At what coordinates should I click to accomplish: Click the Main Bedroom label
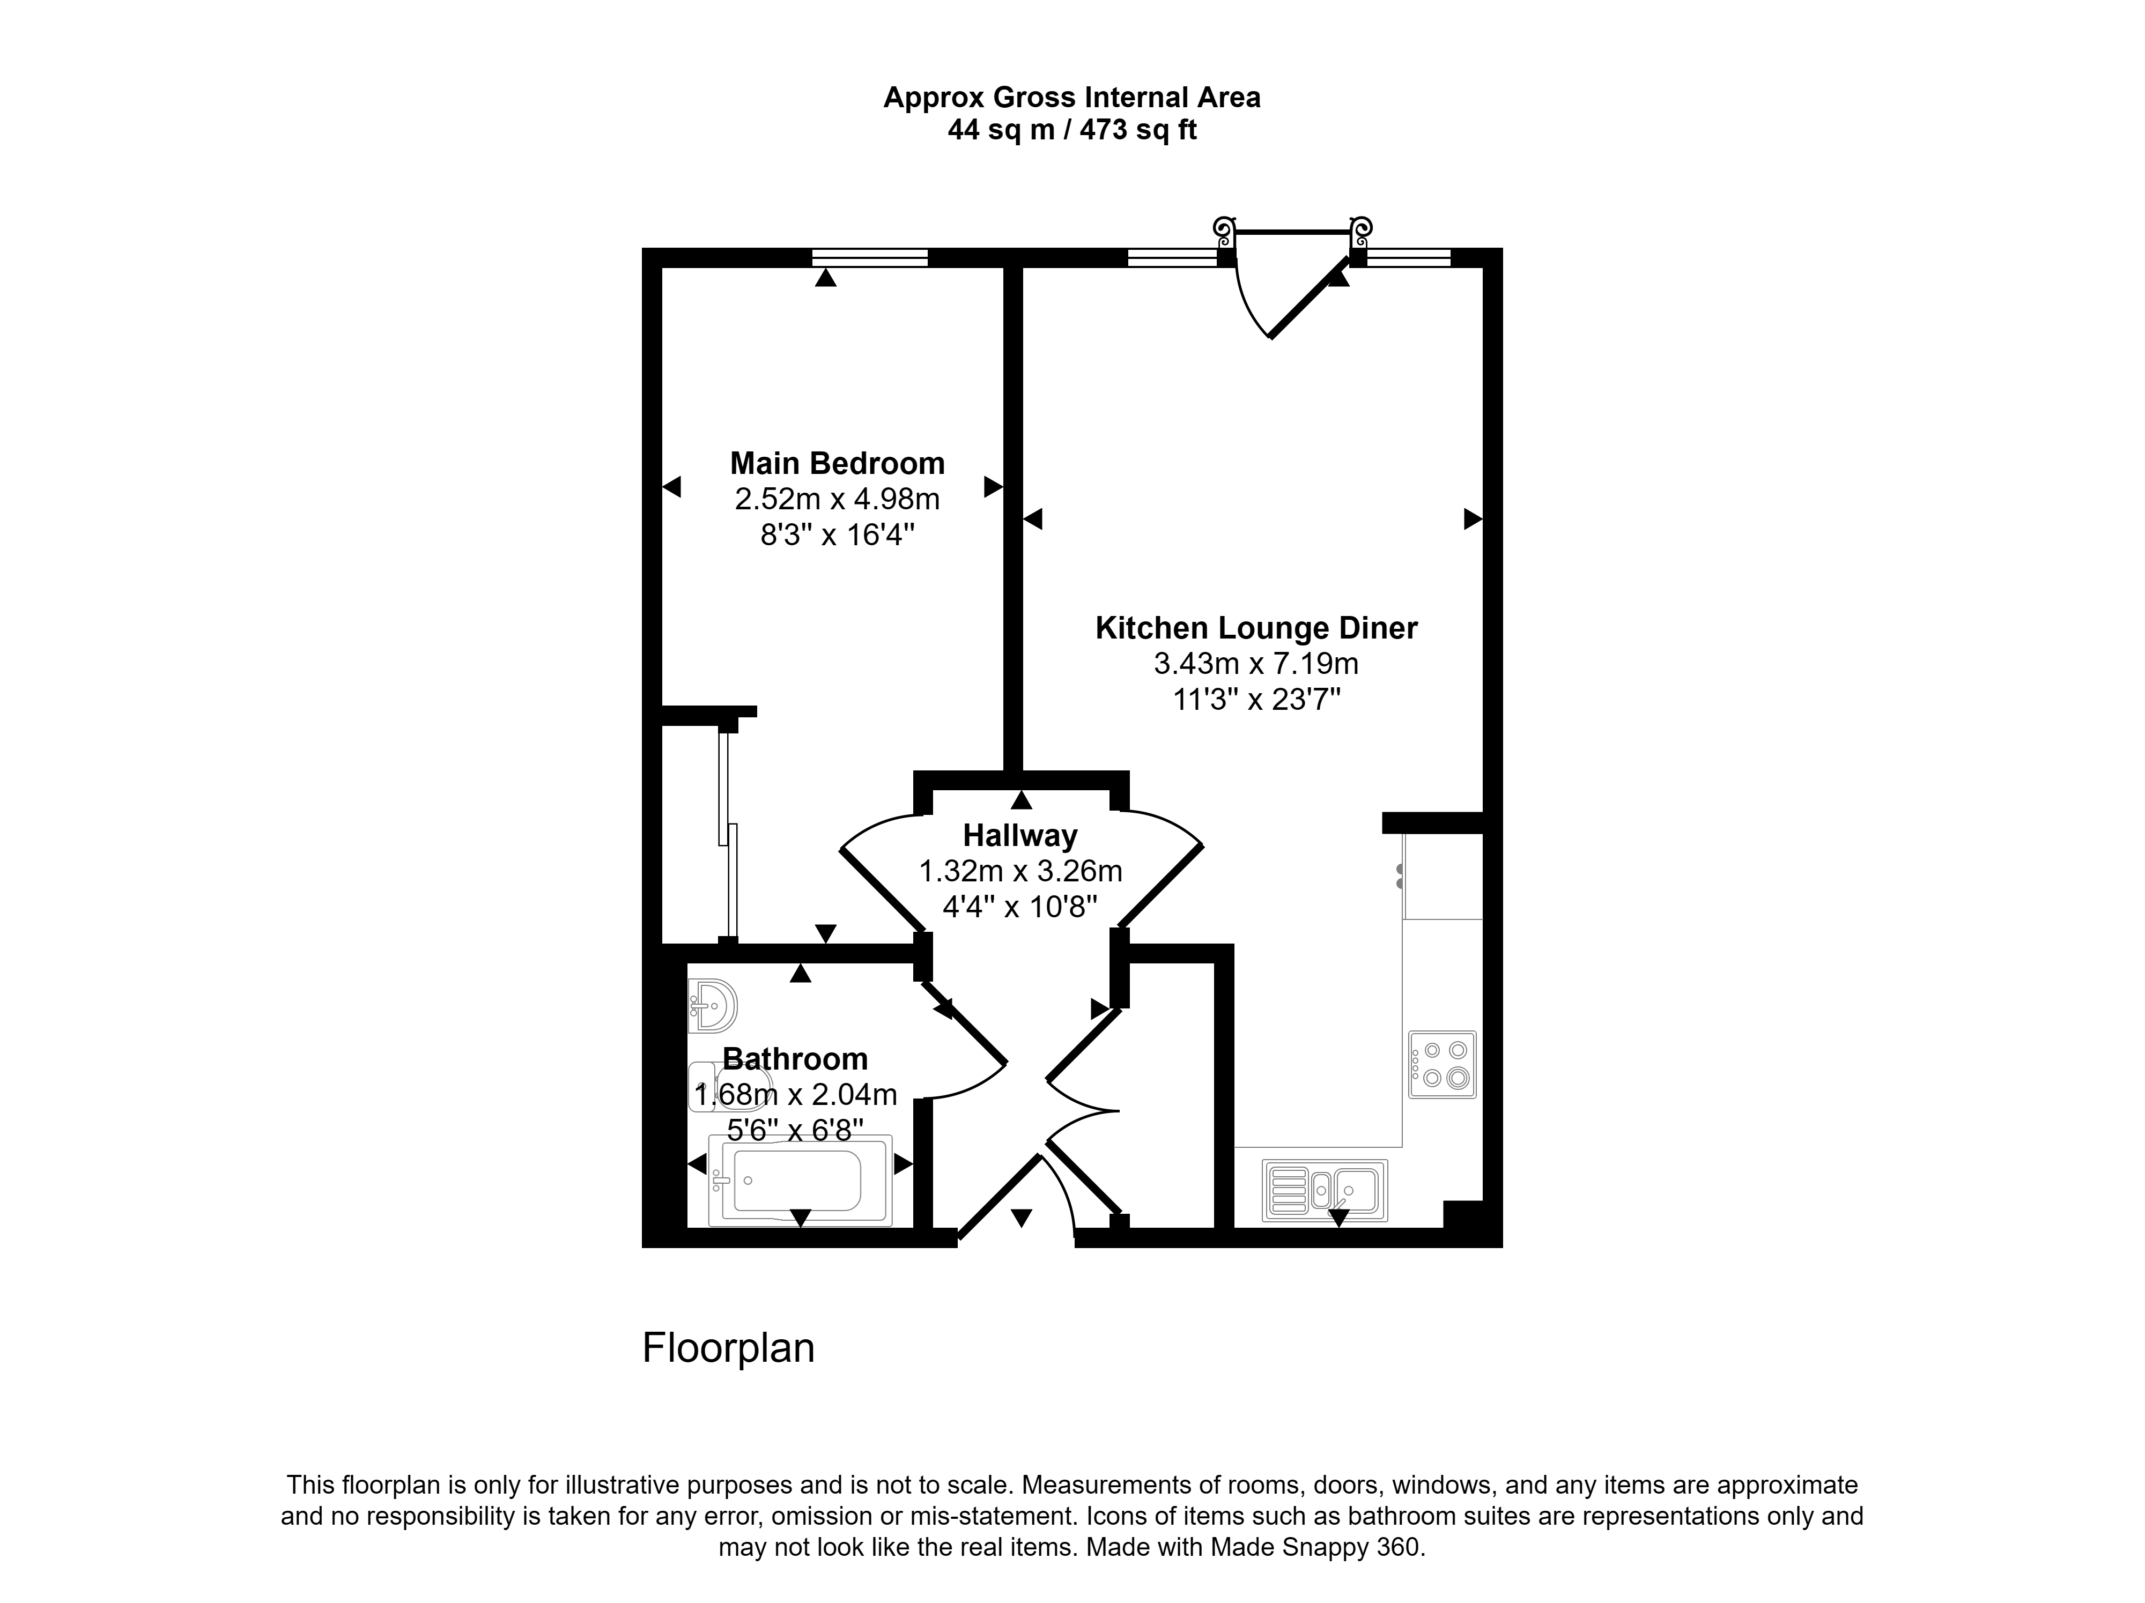pos(837,464)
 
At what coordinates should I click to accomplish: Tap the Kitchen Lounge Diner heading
pos(1256,628)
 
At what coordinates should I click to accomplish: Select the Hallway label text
pos(1020,836)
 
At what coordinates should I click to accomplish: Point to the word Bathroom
pos(795,1059)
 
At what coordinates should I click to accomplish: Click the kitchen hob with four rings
pos(1442,1064)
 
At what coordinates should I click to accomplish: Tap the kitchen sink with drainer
pos(1325,1190)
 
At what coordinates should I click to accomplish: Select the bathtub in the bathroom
pos(800,1181)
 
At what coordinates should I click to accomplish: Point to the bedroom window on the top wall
pos(870,257)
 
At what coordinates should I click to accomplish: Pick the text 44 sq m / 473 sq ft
pos(1071,130)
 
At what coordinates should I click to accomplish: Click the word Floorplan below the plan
pos(728,1348)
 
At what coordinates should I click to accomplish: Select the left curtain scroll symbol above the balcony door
pos(1225,231)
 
